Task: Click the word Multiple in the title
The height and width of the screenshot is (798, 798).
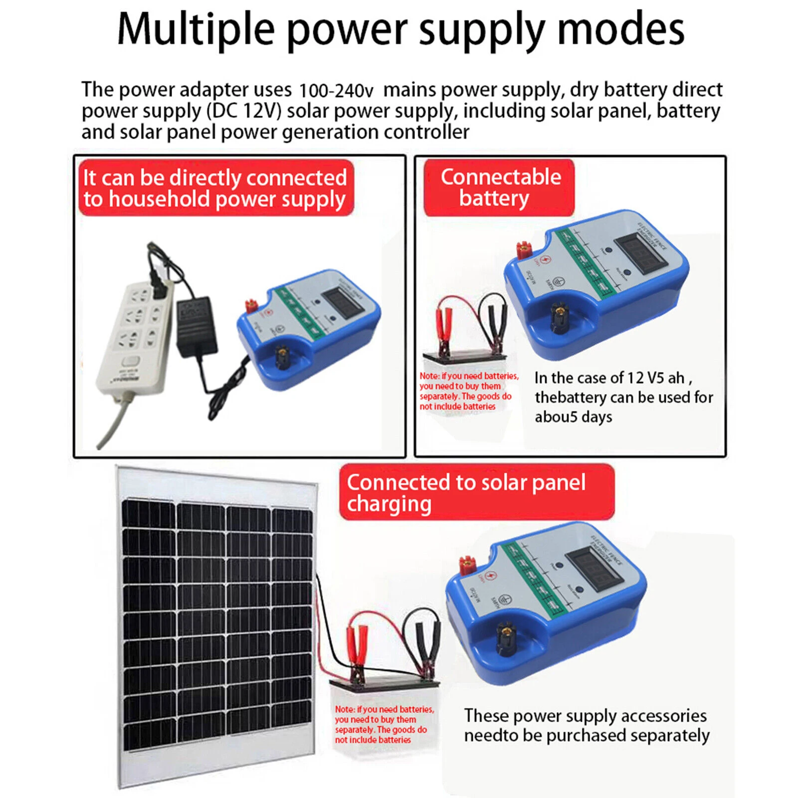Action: (196, 30)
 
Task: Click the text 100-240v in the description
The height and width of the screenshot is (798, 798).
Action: (336, 91)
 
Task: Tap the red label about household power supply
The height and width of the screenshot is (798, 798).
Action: (215, 188)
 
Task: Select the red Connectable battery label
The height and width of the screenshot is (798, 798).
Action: (499, 188)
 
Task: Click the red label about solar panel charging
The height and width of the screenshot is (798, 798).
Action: (476, 492)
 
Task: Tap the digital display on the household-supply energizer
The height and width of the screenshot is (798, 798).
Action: (342, 302)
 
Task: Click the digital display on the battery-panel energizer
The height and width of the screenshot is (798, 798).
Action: (640, 251)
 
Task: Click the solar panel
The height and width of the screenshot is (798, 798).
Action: (217, 623)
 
